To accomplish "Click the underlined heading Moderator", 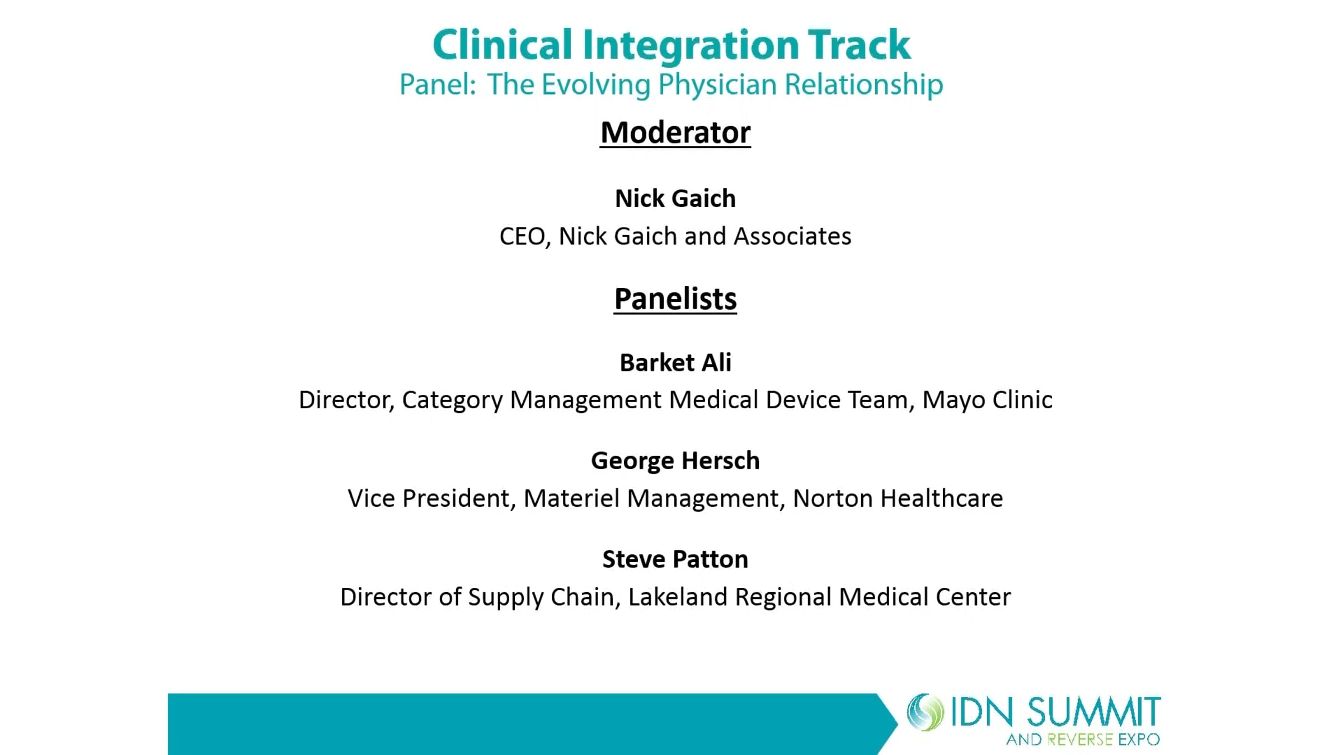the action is coord(675,133).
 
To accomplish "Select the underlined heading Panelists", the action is coord(675,299).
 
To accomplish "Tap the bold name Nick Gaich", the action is coord(675,199).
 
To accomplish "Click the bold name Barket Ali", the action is coord(675,362).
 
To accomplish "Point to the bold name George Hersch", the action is coord(675,461).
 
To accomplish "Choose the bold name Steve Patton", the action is coord(675,559).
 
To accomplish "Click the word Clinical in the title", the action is coord(502,45).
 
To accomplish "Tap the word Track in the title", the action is coord(859,45).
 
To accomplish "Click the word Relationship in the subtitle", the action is coord(863,85).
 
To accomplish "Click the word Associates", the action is coord(792,236).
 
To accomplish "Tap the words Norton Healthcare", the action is coord(898,498).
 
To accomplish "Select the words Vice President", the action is coord(428,498).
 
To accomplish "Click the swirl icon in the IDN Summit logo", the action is coord(926,712).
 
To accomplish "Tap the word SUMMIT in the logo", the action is coord(1094,712).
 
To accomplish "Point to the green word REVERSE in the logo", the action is coord(1080,740).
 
